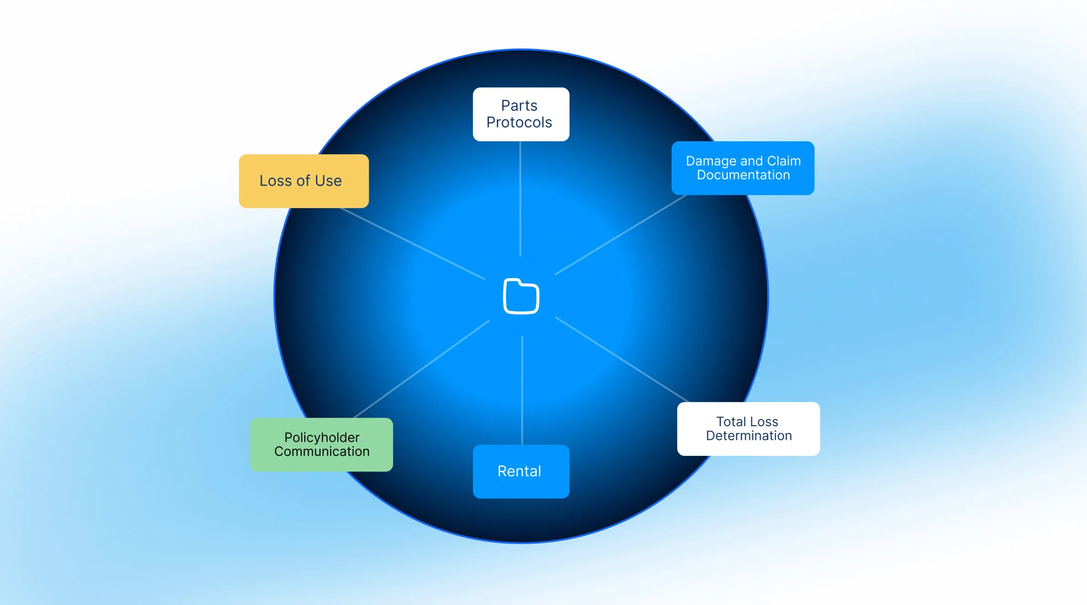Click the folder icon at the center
click(521, 296)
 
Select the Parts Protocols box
click(521, 114)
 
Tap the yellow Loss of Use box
click(304, 181)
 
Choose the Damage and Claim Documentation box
click(743, 168)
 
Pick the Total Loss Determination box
click(748, 428)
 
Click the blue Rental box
click(521, 471)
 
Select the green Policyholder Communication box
click(322, 444)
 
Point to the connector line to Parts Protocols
click(520, 199)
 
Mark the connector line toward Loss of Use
click(412, 243)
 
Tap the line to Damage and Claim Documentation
click(621, 235)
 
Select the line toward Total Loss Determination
click(622, 359)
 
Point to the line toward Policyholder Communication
click(421, 369)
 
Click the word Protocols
click(519, 123)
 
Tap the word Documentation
click(743, 175)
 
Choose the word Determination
click(749, 436)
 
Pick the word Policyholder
click(322, 438)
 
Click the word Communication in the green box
click(322, 452)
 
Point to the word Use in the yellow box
click(328, 181)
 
